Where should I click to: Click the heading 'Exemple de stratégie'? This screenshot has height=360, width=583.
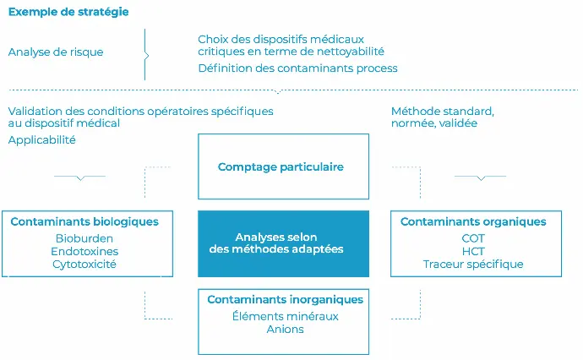68,12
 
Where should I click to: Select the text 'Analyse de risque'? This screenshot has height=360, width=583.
56,52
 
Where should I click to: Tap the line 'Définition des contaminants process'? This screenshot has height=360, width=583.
297,68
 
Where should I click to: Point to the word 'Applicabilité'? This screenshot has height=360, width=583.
42,140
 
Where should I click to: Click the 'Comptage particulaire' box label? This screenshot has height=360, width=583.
281,167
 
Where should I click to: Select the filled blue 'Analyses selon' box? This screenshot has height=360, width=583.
283,244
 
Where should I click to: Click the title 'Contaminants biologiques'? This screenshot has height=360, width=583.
84,221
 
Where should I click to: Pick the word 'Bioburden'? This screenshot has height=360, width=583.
84,238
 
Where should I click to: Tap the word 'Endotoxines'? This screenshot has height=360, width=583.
84,251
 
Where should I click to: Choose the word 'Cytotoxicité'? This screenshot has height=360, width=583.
84,265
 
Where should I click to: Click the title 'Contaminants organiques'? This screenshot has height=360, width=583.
473,221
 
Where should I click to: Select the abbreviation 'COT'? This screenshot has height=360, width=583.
473,238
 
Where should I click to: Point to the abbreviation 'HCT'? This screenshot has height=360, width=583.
473,251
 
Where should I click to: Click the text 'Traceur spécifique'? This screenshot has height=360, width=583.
473,265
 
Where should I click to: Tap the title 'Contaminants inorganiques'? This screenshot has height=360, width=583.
286,300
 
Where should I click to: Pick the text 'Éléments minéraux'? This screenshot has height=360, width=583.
286,316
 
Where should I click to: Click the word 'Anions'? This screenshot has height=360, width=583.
286,330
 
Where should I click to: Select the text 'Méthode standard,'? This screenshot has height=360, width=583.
443,112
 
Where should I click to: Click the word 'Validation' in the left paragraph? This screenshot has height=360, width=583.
35,112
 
